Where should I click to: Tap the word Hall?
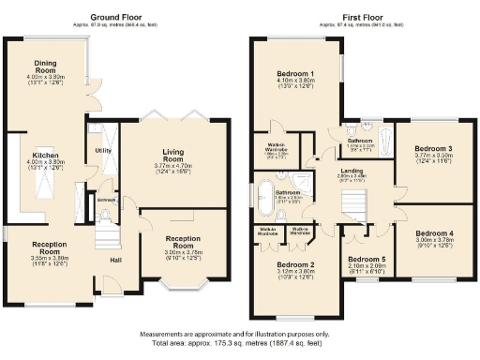[x=115, y=260]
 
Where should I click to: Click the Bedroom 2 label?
[x=296, y=265]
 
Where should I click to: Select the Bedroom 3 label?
[x=433, y=149]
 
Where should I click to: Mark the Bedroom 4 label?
[x=433, y=232]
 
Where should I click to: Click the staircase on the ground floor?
[x=108, y=232]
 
